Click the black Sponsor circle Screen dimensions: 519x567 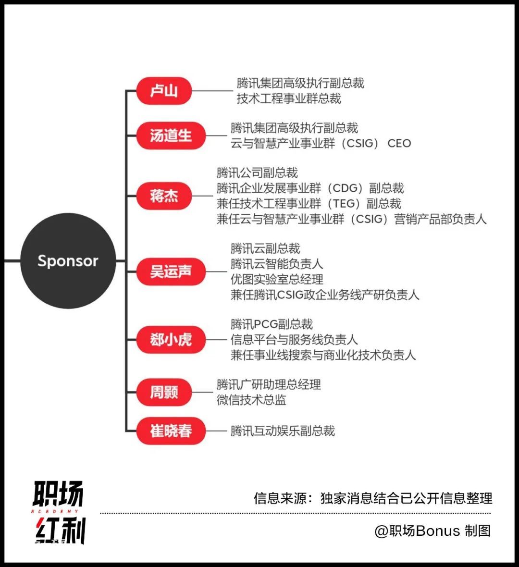pyautogui.click(x=68, y=261)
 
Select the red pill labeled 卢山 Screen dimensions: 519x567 pyautogui.click(x=164, y=91)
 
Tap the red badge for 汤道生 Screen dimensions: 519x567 pyautogui.click(x=171, y=136)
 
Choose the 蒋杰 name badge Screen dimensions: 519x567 pyautogui.click(x=164, y=196)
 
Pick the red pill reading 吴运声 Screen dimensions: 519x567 pyautogui.click(x=171, y=271)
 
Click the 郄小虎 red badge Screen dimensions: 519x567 pyautogui.click(x=171, y=340)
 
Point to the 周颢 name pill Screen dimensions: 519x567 pyautogui.click(x=164, y=392)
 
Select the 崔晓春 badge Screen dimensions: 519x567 pyautogui.click(x=171, y=431)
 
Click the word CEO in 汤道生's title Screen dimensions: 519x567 pyautogui.click(x=399, y=144)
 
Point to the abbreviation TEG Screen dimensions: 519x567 pyautogui.click(x=345, y=204)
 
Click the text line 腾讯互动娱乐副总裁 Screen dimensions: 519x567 pyautogui.click(x=283, y=431)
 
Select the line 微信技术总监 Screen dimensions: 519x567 pyautogui.click(x=251, y=400)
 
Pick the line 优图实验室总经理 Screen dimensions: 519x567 pyautogui.click(x=277, y=280)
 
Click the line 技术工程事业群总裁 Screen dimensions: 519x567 pyautogui.click(x=289, y=99)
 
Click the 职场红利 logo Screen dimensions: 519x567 pyautogui.click(x=59, y=512)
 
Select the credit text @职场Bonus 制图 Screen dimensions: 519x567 pyautogui.click(x=432, y=531)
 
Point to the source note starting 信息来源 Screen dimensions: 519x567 pyautogui.click(x=373, y=498)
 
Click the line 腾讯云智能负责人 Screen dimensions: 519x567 pyautogui.click(x=277, y=264)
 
